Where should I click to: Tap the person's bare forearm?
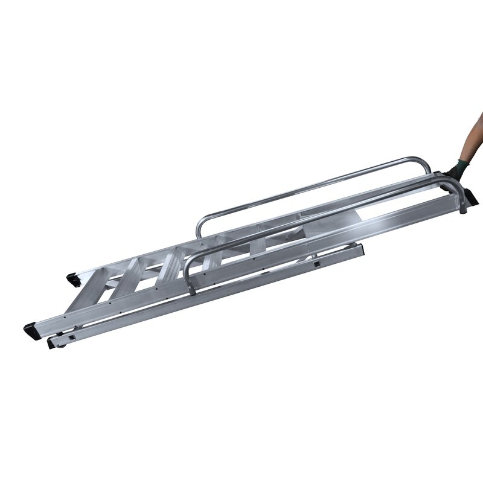pos(471,142)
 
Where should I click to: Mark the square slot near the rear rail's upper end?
pos(316,263)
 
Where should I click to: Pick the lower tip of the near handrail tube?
pos(191,293)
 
